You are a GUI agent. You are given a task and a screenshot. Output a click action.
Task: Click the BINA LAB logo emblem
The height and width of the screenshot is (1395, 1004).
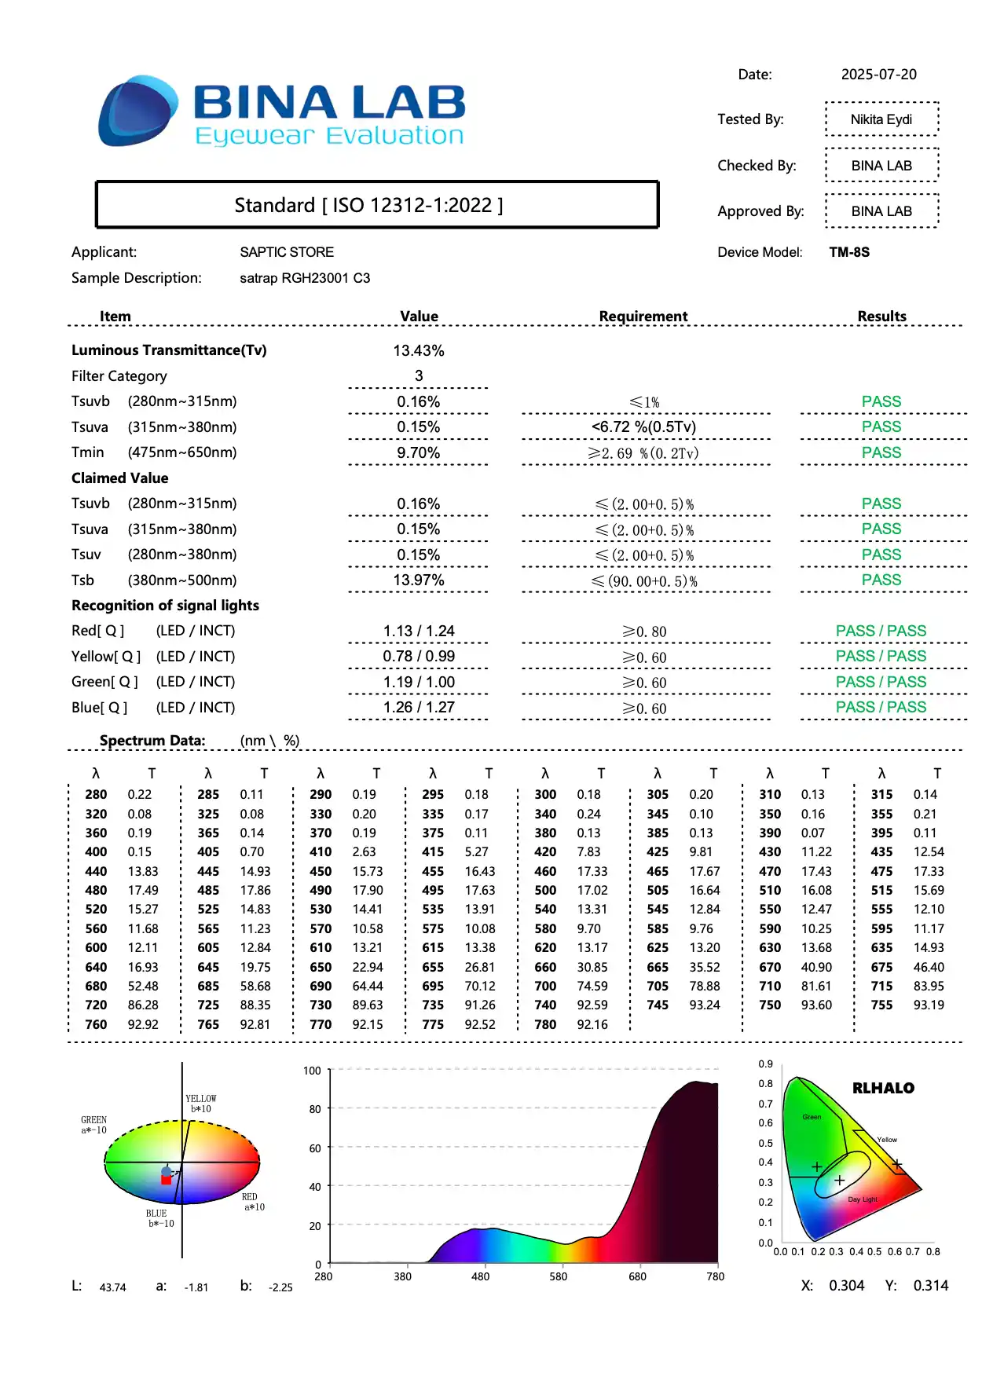137,111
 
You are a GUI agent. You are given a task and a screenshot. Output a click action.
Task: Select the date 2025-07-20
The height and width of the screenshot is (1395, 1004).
878,75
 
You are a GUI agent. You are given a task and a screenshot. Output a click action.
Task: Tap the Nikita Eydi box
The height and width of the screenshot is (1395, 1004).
881,119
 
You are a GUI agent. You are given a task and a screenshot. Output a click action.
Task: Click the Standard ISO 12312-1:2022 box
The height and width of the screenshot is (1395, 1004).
376,205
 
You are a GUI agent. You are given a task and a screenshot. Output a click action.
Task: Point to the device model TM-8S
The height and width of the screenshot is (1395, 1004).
849,252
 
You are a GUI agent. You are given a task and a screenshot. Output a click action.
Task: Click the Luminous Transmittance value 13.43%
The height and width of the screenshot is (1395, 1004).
419,350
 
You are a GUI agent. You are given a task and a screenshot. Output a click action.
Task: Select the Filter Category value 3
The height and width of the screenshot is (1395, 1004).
419,376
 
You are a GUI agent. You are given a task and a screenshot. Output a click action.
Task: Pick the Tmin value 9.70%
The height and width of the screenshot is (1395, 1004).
419,452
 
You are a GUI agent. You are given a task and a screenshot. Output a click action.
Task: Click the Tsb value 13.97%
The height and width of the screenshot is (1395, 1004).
419,580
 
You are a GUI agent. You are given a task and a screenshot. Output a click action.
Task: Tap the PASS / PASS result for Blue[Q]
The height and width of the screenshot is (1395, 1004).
881,707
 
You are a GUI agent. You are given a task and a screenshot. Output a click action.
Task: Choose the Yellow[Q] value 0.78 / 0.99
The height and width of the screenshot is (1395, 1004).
419,656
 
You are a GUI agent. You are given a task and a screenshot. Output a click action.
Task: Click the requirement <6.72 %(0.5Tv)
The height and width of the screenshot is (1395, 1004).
643,427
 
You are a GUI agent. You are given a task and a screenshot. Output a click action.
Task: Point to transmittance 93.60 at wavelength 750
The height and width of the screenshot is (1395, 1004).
816,1005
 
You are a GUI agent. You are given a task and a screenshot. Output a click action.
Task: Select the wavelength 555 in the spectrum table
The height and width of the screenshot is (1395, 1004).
881,909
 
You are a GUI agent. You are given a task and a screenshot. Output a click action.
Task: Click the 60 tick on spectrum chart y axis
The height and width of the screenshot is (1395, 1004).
315,1148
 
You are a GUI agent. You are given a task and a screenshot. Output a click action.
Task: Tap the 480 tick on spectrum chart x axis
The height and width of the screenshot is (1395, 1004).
480,1276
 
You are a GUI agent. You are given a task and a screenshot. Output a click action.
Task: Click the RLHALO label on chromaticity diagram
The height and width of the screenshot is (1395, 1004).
883,1088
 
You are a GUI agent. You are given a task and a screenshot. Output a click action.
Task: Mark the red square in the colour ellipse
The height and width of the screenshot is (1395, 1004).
166,1180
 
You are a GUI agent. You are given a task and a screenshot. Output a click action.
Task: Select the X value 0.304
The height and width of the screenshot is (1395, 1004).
846,1286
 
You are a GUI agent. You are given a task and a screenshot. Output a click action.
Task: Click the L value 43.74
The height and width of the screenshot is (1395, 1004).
112,1287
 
